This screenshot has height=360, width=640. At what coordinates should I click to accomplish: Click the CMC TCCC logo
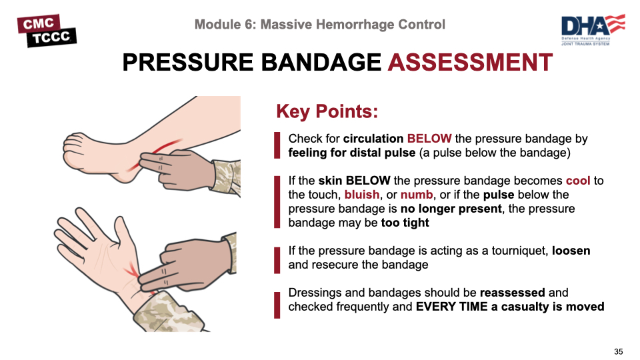pos(47,31)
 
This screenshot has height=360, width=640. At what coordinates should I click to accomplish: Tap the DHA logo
pos(593,30)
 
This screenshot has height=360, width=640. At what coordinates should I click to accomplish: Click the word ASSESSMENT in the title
pos(470,63)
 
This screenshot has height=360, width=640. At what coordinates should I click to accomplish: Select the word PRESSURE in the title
pos(188,63)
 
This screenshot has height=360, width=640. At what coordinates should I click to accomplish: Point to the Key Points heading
pos(327,111)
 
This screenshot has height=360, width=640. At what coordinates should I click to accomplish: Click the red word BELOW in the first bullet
pos(429,139)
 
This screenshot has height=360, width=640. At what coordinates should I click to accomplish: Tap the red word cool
pos(577,181)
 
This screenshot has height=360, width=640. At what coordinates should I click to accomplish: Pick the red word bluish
pos(361,194)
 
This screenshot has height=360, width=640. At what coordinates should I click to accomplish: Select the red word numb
pos(416,195)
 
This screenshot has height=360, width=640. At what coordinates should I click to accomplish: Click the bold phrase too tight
pos(405,223)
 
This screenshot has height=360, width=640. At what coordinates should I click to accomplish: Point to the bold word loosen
pos(571,251)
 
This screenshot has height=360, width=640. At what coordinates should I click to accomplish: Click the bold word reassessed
pos(512,293)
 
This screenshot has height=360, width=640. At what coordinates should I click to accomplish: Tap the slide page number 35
pos(619,351)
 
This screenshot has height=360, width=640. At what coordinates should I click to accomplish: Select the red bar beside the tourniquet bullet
pos(277,260)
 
